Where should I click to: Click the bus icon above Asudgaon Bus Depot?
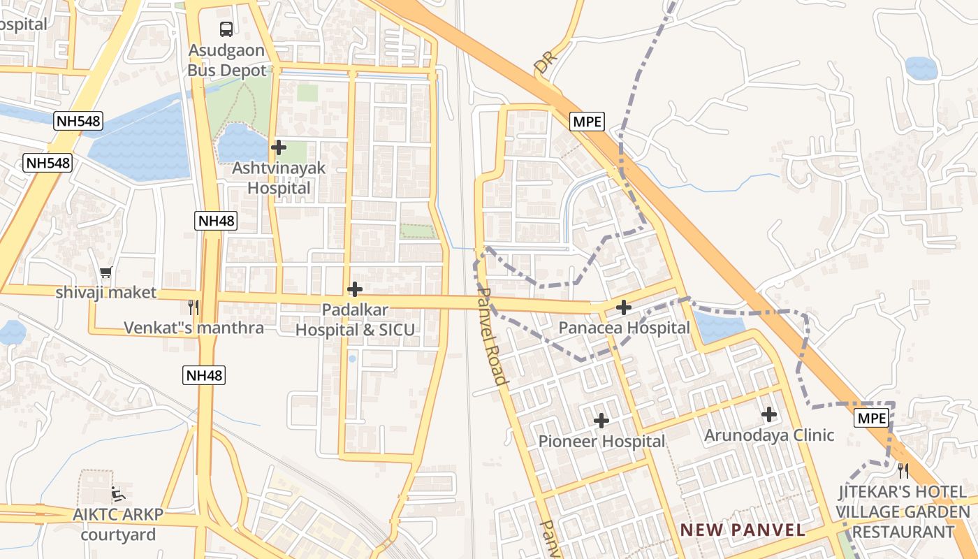226,29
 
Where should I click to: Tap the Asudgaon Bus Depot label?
227,61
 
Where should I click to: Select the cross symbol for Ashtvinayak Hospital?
279,147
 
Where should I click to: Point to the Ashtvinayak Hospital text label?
279,178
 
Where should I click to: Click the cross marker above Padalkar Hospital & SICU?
355,289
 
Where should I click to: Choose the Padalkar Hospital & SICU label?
356,319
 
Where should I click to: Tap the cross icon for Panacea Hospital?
624,307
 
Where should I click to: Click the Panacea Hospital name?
624,328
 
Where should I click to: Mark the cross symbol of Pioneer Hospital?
601,421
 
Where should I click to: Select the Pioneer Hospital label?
601,442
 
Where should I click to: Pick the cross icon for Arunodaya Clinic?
769,414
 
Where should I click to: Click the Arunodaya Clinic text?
769,435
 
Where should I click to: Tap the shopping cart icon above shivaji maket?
106,272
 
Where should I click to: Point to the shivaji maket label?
106,292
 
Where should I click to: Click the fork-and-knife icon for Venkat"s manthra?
194,307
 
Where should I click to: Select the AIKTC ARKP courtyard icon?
118,494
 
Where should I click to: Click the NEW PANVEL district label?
743,530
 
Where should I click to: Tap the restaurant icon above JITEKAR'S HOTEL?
903,470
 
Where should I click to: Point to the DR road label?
543,64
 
